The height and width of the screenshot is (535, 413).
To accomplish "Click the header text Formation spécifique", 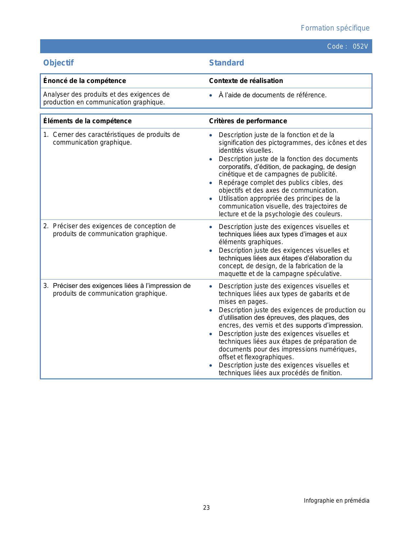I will (335, 28).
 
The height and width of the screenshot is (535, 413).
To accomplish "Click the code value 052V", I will (360, 46).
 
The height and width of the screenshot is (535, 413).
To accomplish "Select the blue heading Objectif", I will (59, 63).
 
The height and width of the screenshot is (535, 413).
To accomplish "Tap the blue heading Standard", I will (226, 63).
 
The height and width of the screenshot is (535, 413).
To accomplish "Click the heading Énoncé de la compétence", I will (85, 81).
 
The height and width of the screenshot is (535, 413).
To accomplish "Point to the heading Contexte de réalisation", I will (246, 81).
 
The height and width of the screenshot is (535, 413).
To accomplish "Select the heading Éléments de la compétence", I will (87, 121).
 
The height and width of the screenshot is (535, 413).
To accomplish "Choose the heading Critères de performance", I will (248, 121).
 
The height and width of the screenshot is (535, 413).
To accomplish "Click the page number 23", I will (206, 508).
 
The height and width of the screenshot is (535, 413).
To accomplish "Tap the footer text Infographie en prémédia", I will (336, 501).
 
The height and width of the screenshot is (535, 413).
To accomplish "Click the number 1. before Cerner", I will (46, 135).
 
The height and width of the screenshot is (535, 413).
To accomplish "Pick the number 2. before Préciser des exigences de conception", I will (46, 226).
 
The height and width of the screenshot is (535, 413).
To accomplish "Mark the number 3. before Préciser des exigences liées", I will (46, 286).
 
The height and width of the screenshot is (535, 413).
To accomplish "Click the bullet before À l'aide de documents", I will (211, 95).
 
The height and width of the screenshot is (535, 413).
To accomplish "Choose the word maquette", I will (232, 274).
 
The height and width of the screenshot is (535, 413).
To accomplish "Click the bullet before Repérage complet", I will (211, 183).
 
